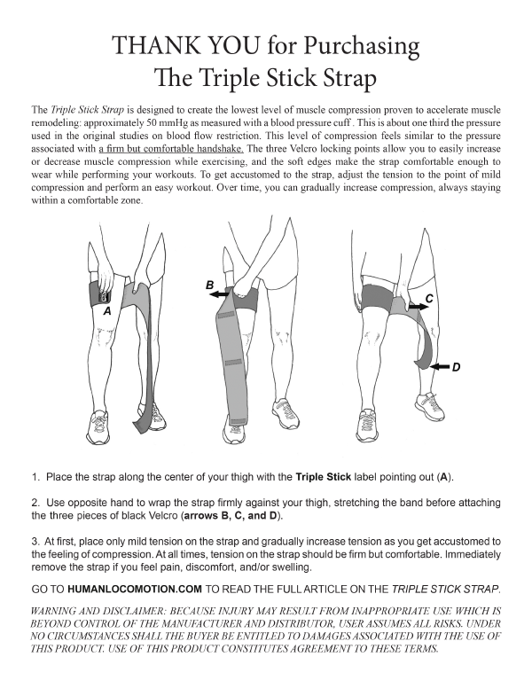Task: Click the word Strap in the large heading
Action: (345, 79)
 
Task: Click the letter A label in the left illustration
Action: (106, 312)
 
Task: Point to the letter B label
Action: (209, 285)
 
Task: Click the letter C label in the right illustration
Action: (428, 299)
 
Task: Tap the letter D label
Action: (455, 366)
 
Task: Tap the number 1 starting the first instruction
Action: (35, 476)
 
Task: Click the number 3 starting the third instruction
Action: (35, 542)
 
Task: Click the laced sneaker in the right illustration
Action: (429, 408)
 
